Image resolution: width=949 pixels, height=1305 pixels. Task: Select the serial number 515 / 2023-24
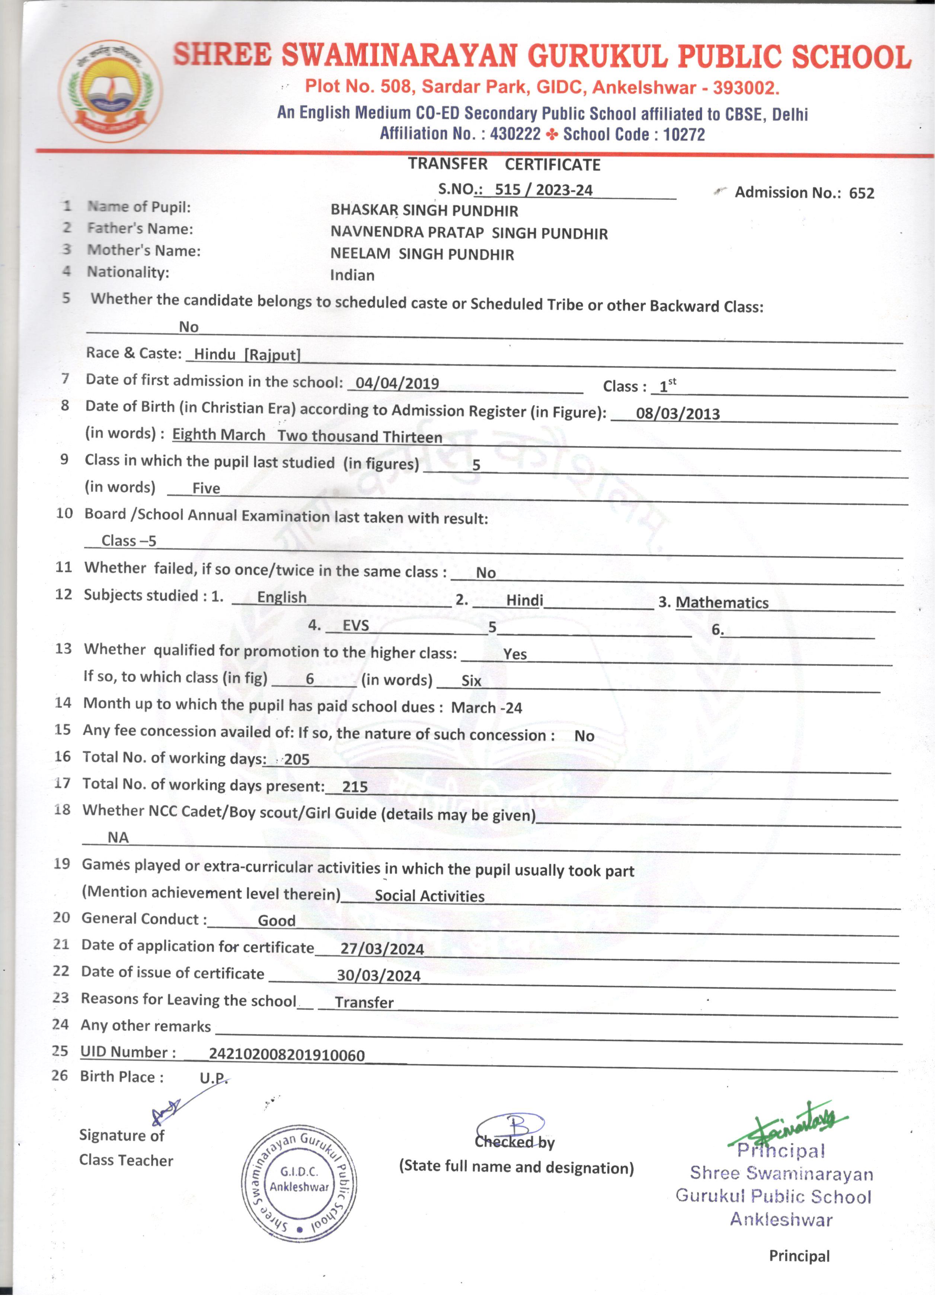pyautogui.click(x=543, y=190)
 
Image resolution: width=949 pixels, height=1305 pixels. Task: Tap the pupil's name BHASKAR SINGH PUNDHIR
pyautogui.click(x=424, y=211)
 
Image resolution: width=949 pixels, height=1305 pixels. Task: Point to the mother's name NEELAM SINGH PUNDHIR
pyautogui.click(x=422, y=254)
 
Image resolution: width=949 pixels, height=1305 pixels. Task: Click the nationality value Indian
pyautogui.click(x=352, y=276)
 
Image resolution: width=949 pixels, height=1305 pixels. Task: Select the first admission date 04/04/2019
pyautogui.click(x=397, y=383)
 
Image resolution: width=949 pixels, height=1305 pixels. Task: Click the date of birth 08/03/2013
pyautogui.click(x=677, y=414)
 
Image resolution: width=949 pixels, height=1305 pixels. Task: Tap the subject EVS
pyautogui.click(x=356, y=626)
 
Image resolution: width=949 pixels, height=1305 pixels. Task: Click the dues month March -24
pyautogui.click(x=486, y=708)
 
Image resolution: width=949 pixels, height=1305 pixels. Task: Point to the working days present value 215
pyautogui.click(x=355, y=787)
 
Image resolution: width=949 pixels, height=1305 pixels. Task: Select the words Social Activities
pyautogui.click(x=429, y=896)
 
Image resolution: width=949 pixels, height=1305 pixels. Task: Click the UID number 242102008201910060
pyautogui.click(x=287, y=1055)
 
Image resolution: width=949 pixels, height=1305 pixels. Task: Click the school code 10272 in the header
pyautogui.click(x=684, y=135)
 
